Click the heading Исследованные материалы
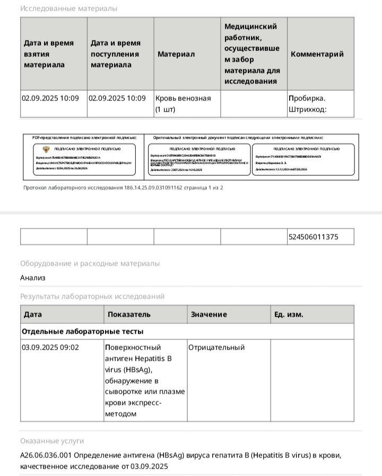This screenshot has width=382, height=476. click(x=68, y=8)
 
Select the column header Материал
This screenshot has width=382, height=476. click(x=176, y=54)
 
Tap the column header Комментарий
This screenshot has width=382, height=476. click(x=317, y=54)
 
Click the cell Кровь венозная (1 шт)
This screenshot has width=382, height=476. click(x=183, y=104)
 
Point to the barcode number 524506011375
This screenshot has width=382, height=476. click(x=314, y=237)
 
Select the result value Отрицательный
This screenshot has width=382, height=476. click(x=216, y=347)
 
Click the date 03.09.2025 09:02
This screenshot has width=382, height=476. click(x=50, y=347)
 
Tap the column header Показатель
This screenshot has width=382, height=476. click(x=129, y=314)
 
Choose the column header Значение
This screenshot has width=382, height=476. click(x=209, y=314)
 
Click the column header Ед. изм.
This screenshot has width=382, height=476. click(x=289, y=314)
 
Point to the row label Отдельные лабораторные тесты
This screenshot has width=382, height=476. click(x=82, y=331)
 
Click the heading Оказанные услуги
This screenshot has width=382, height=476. click(x=51, y=441)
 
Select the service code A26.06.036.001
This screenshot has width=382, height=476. click(x=46, y=455)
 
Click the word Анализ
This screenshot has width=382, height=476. click(x=33, y=278)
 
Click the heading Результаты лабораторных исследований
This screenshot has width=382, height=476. click(x=92, y=296)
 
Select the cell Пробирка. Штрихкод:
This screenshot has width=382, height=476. click(x=308, y=104)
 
